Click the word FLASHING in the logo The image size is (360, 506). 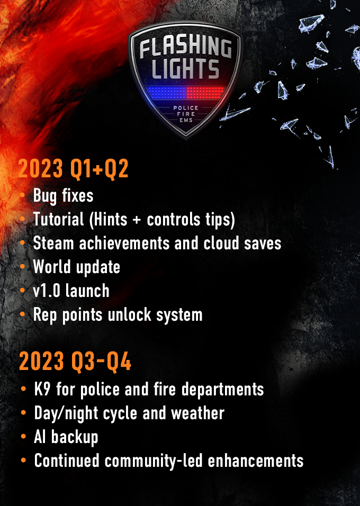186,48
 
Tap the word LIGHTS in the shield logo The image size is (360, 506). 185,68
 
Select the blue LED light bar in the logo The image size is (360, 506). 167,93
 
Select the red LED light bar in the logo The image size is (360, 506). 205,93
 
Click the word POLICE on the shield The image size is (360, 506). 186,108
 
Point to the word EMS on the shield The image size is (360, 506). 186,120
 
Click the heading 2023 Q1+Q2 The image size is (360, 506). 73,168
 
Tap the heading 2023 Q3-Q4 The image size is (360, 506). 75,361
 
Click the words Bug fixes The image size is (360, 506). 64,196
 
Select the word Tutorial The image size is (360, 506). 58,220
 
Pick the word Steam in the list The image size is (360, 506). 53,243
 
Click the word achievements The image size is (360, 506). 124,243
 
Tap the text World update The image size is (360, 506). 77,267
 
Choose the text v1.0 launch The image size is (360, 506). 71,291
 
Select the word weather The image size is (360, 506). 197,413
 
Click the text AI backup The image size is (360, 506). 66,437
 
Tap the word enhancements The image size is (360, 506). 255,460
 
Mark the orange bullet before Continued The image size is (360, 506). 23,460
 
